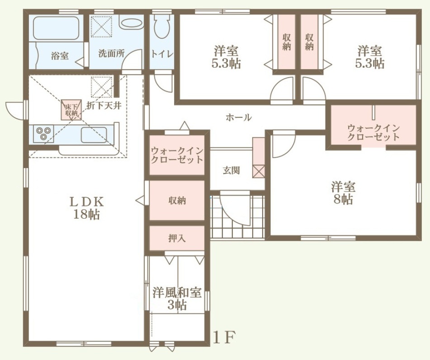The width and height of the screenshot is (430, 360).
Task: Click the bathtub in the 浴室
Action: click(x=57, y=28)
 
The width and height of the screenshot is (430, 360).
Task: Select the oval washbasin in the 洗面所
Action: click(x=132, y=23)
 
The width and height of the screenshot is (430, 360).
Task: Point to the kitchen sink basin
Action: click(x=94, y=135)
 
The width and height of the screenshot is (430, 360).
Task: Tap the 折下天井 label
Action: click(x=104, y=105)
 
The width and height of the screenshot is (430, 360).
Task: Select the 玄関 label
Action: click(x=231, y=170)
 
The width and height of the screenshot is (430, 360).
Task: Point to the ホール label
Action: click(x=238, y=117)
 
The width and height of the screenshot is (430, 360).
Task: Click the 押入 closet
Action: click(x=177, y=238)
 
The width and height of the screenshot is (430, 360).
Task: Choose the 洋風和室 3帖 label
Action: click(x=177, y=299)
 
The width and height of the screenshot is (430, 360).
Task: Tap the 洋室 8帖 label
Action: click(x=343, y=193)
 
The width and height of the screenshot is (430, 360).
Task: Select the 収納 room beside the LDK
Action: click(x=177, y=200)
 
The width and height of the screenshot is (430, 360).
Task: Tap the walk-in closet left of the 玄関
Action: click(x=177, y=155)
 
